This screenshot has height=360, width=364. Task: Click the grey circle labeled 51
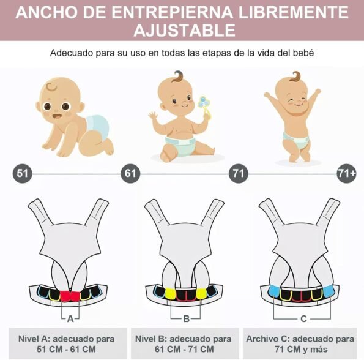point(22,173)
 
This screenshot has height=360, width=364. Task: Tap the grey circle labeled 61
point(130,173)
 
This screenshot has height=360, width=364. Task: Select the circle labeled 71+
point(346,173)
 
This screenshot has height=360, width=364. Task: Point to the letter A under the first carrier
point(70,319)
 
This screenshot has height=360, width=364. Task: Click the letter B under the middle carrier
point(186,319)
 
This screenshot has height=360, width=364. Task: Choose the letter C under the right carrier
point(303,319)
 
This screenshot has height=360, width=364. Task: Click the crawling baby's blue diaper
point(98,126)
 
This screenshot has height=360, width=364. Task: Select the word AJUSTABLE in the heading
point(185,31)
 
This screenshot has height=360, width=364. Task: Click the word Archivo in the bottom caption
point(262,339)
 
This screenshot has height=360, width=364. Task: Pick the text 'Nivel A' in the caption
point(34,339)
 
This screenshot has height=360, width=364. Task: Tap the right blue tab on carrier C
point(328,291)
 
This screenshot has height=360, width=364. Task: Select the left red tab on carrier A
point(65,296)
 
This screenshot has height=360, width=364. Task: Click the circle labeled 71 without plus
point(239,173)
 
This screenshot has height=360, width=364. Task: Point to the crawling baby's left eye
point(47,107)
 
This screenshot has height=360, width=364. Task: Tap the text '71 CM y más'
point(301,349)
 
